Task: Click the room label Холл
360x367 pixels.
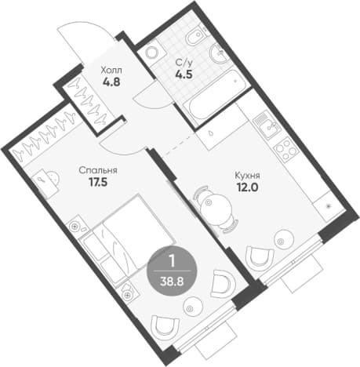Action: click(x=111, y=71)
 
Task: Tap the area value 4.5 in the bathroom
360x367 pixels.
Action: click(x=184, y=74)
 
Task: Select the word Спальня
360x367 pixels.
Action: click(x=98, y=171)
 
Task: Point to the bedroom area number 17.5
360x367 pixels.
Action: click(x=98, y=182)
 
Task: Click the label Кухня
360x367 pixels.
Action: click(x=247, y=176)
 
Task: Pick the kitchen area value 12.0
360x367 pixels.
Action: click(x=247, y=187)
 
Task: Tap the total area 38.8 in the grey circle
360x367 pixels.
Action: click(x=172, y=282)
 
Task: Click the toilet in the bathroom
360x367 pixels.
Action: click(x=196, y=37)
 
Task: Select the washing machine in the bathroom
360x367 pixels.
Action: click(x=152, y=53)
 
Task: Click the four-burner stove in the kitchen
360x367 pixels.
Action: click(x=285, y=150)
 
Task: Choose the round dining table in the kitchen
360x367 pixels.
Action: click(x=216, y=209)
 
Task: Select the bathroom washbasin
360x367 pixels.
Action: click(x=219, y=53)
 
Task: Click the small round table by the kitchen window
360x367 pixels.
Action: click(x=284, y=240)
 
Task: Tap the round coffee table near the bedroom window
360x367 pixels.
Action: click(x=193, y=307)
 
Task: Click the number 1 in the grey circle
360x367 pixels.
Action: click(x=172, y=262)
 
